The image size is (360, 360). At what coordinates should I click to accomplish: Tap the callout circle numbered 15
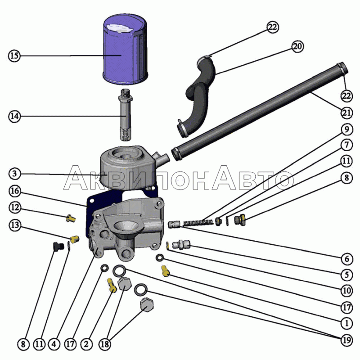[x=14, y=55]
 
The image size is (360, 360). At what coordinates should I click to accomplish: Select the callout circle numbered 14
[x=14, y=116]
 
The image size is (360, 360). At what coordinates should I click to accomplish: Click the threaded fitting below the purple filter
[x=126, y=115]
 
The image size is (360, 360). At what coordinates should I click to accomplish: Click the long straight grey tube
[x=260, y=112]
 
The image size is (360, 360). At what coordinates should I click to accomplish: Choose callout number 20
[x=297, y=46]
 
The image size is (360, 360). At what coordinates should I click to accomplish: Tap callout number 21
[x=346, y=113]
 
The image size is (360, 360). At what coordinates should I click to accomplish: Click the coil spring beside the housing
[x=198, y=222]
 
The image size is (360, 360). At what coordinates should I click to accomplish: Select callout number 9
[x=346, y=130]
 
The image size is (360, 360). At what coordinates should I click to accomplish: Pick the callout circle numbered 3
[x=15, y=174]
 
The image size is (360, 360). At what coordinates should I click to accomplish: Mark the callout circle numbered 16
[x=15, y=191]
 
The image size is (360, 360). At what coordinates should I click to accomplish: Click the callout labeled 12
[x=15, y=207]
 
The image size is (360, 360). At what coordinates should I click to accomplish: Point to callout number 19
[x=346, y=340]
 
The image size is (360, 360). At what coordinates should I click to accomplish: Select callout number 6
[x=346, y=259]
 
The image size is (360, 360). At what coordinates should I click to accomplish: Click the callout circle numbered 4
[x=54, y=344]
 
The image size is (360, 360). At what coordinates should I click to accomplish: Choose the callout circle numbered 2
[x=86, y=344]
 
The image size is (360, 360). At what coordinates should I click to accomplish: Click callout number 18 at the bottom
[x=105, y=344]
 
